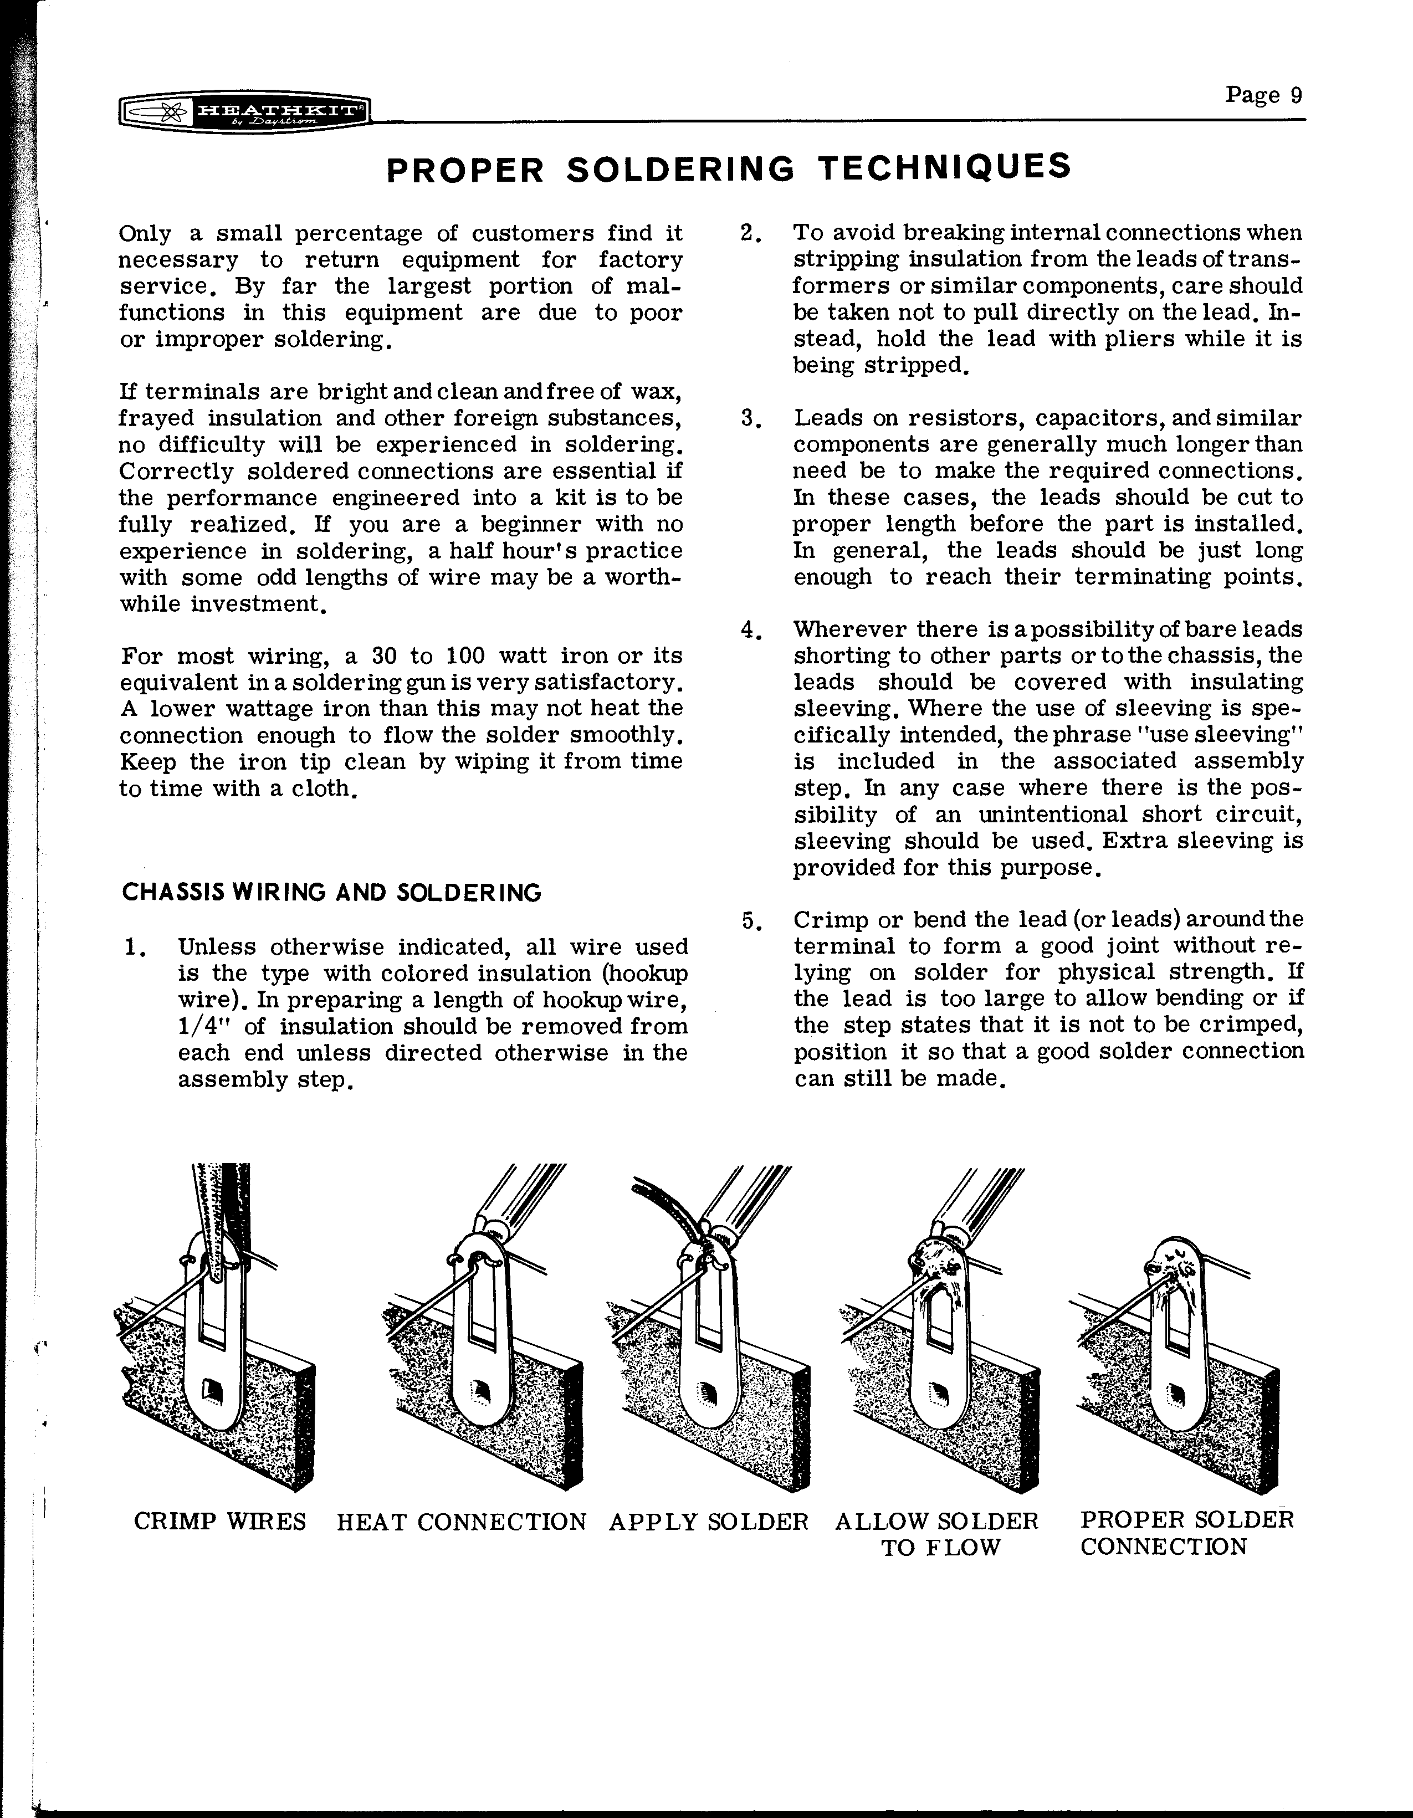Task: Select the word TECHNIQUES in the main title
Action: (944, 167)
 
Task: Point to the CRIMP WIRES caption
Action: (220, 1521)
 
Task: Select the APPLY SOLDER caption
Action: (709, 1522)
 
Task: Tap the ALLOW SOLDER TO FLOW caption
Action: (938, 1534)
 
